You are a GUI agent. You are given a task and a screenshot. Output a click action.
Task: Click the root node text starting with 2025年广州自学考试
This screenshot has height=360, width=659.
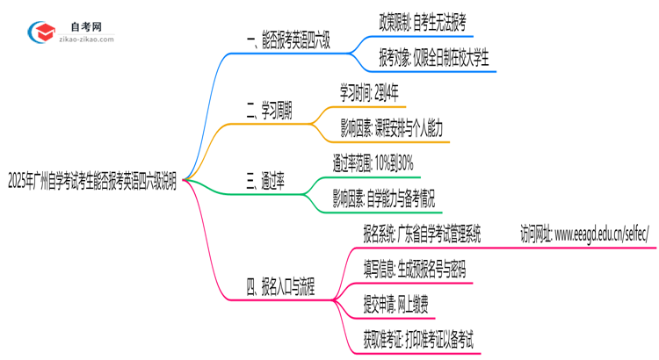[x=91, y=182]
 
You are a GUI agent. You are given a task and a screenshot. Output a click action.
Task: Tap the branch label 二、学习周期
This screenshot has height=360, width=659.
[x=269, y=112]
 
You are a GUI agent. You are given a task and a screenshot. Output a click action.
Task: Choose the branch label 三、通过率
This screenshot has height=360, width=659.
[x=264, y=182]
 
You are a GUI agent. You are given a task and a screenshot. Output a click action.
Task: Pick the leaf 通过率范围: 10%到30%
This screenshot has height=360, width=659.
[x=373, y=164]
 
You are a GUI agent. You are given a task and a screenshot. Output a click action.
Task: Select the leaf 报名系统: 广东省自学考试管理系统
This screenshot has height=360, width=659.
[x=422, y=234]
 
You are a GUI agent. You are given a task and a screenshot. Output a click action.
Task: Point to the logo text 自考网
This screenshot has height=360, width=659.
[x=85, y=25]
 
